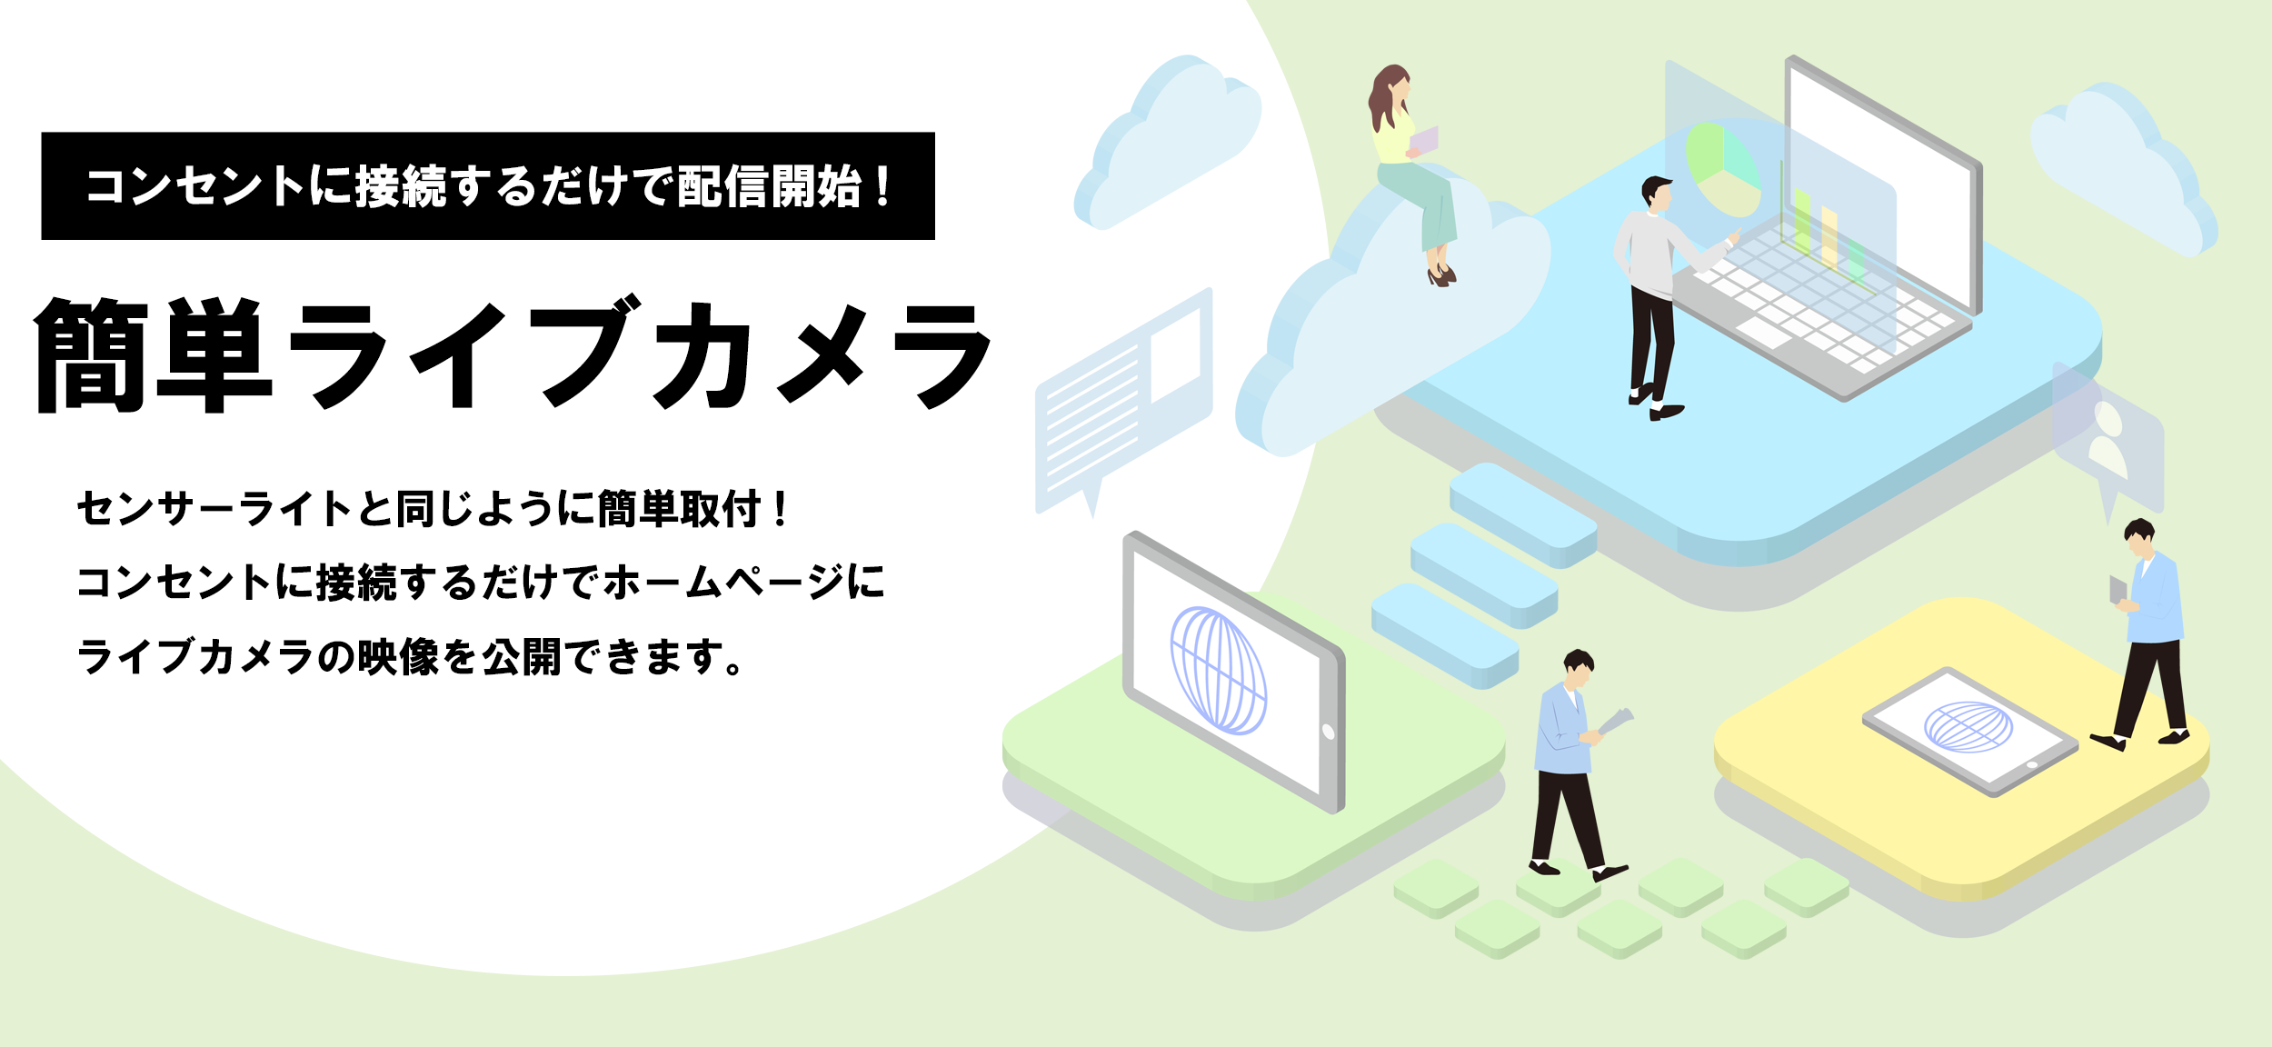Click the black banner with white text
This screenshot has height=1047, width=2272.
point(488,186)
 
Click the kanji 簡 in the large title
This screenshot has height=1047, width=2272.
point(91,354)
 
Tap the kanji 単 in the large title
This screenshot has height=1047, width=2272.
point(214,354)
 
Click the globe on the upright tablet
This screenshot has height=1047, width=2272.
point(1218,671)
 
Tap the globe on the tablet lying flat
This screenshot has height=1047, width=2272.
point(1968,727)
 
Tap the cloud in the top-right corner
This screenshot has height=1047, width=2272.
point(2123,168)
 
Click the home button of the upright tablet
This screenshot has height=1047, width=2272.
point(1328,732)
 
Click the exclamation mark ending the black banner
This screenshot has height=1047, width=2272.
point(883,186)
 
